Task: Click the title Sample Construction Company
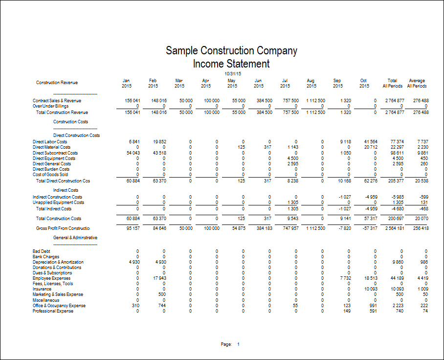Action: click(x=231, y=51)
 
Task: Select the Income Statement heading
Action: click(x=231, y=64)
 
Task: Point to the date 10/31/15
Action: click(x=232, y=73)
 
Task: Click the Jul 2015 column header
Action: click(x=285, y=83)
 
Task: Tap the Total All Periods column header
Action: click(x=392, y=83)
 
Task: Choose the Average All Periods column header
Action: click(x=417, y=83)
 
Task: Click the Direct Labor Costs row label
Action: click(x=50, y=142)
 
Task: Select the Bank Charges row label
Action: click(x=46, y=257)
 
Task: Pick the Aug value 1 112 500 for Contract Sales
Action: click(x=315, y=101)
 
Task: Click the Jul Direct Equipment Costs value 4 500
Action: click(x=291, y=158)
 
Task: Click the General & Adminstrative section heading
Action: click(x=75, y=238)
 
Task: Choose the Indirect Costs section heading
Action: click(x=66, y=190)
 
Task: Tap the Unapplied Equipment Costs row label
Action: click(x=58, y=202)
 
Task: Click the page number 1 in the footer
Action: click(x=239, y=344)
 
